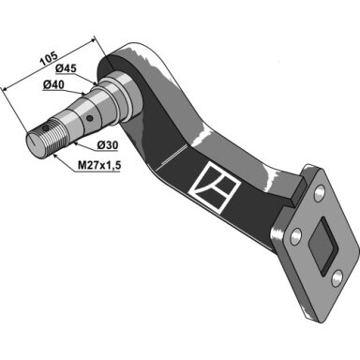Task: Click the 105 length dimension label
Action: (49, 59)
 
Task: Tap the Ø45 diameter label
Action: (66, 68)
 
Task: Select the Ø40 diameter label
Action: (53, 84)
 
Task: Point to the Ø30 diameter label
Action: (107, 145)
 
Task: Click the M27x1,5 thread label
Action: (99, 166)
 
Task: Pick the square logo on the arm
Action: (215, 187)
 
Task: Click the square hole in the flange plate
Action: (322, 246)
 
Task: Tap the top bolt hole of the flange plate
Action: (319, 193)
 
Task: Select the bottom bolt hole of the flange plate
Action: (337, 278)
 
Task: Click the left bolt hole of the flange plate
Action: (295, 237)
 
